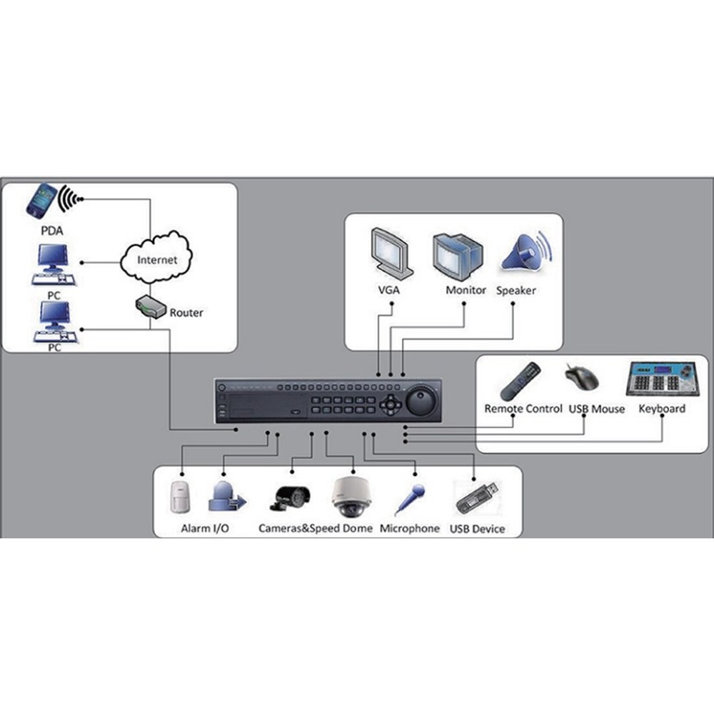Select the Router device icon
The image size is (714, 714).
[151, 307]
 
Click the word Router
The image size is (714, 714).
[186, 313]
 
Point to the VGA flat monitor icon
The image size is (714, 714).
[391, 253]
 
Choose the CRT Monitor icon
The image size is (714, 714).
[458, 256]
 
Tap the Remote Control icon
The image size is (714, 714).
[520, 381]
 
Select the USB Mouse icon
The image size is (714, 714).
[582, 376]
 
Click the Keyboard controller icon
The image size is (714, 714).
[661, 378]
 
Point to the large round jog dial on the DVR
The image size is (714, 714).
[421, 401]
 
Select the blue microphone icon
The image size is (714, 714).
[410, 499]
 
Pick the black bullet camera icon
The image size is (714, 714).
[291, 497]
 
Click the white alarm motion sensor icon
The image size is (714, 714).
[179, 497]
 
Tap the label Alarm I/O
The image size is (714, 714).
[205, 528]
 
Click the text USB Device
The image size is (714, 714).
[477, 529]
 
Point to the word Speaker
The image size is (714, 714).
[516, 291]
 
